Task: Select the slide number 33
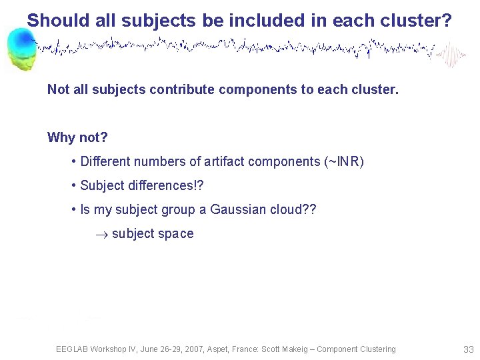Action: click(x=467, y=349)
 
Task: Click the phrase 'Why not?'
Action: click(x=77, y=137)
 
